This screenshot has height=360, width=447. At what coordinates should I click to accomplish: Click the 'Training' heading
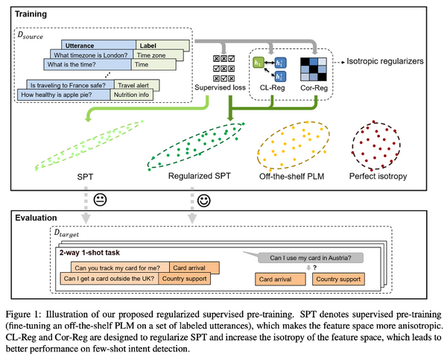(x=31, y=14)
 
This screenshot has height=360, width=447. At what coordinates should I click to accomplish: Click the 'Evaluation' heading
(x=36, y=218)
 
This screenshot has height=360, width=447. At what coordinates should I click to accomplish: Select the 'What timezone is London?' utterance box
(x=91, y=55)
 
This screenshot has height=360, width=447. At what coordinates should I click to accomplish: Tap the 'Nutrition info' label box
(x=131, y=95)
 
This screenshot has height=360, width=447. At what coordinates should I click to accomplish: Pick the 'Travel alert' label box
(x=136, y=85)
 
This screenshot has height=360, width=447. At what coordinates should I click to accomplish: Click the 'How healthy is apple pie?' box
(x=63, y=95)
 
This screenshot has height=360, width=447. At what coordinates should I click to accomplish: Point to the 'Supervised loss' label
(x=220, y=87)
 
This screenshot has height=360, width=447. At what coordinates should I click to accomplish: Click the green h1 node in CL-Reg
(x=259, y=63)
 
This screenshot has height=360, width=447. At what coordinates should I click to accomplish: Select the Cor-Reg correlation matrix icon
(x=314, y=69)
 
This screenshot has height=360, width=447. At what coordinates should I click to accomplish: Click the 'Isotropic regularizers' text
(x=385, y=61)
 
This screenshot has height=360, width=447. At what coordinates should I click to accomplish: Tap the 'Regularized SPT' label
(x=199, y=176)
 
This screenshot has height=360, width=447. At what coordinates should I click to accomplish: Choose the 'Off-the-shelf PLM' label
(x=291, y=177)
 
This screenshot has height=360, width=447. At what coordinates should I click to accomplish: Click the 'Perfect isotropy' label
(x=378, y=176)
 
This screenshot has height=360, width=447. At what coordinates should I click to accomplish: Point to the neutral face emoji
(x=100, y=200)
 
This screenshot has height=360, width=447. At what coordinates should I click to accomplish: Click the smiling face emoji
(x=204, y=200)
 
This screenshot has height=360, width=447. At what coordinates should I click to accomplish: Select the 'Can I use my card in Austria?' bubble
(x=311, y=258)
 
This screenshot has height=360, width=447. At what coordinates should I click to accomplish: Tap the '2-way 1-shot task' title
(x=89, y=253)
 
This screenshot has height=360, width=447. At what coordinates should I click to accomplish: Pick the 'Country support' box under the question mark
(x=338, y=280)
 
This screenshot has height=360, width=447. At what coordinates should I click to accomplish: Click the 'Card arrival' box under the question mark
(x=280, y=280)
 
